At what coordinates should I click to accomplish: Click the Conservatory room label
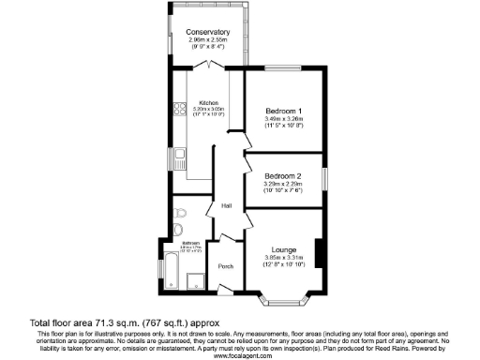click(x=208, y=33)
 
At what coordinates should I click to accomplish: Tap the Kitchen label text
click(x=208, y=102)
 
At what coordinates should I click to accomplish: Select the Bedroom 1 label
click(x=283, y=110)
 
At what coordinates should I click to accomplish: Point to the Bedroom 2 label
click(x=282, y=176)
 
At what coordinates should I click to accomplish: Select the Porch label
click(x=225, y=266)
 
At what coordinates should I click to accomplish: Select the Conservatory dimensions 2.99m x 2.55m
click(x=208, y=41)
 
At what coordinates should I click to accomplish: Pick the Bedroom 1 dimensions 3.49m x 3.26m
click(x=283, y=118)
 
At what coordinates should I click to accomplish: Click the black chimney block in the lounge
click(x=320, y=253)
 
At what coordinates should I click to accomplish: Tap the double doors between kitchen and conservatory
click(x=208, y=67)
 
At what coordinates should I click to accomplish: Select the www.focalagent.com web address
click(x=240, y=355)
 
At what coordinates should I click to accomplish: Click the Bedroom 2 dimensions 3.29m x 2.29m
click(x=282, y=185)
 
